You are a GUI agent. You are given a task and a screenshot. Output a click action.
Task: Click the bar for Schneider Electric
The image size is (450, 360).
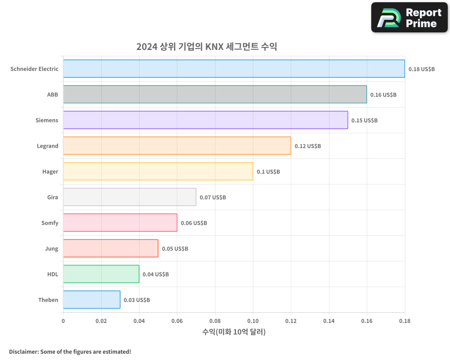pyautogui.click(x=234, y=69)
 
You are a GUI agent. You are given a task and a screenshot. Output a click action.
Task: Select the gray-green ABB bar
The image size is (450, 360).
pyautogui.click(x=215, y=94)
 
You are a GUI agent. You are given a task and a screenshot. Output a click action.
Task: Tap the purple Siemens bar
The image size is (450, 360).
pyautogui.click(x=205, y=120)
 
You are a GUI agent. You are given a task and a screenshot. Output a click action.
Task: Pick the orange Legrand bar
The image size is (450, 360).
pyautogui.click(x=177, y=146)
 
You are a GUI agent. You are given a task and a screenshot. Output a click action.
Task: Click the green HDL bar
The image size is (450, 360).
pyautogui.click(x=101, y=274)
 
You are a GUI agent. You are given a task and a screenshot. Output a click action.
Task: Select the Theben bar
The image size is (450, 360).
pyautogui.click(x=91, y=300)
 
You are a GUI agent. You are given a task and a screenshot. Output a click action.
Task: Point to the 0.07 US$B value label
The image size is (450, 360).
pyautogui.click(x=213, y=197)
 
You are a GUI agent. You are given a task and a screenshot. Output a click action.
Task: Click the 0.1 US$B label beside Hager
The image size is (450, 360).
pyautogui.click(x=268, y=171)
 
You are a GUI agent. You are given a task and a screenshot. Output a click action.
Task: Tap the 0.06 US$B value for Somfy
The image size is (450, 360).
pyautogui.click(x=194, y=223)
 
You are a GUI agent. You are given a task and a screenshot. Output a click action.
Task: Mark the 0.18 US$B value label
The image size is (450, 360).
pyautogui.click(x=422, y=69)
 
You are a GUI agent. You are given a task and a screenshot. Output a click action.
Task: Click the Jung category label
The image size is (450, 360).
pyautogui.click(x=52, y=248)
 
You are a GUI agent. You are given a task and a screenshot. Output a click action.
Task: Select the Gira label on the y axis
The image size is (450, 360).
pyautogui.click(x=53, y=197)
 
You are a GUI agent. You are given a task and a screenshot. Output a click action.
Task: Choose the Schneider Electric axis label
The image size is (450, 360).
pyautogui.click(x=35, y=69)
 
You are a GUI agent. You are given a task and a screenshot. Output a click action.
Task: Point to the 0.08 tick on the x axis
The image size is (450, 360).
pyautogui.click(x=215, y=321)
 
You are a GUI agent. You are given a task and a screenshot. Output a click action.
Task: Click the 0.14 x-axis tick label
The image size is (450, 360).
pyautogui.click(x=329, y=321)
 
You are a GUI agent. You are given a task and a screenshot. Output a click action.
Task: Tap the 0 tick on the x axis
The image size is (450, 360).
pyautogui.click(x=63, y=321)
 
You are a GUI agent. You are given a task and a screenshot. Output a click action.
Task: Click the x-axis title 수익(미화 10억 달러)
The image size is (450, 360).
pyautogui.click(x=234, y=332)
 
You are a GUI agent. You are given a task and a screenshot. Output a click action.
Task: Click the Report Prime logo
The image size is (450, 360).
pyautogui.click(x=409, y=18)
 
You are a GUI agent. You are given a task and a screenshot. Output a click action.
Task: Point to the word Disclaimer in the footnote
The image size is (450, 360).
pyautogui.click(x=23, y=351)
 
